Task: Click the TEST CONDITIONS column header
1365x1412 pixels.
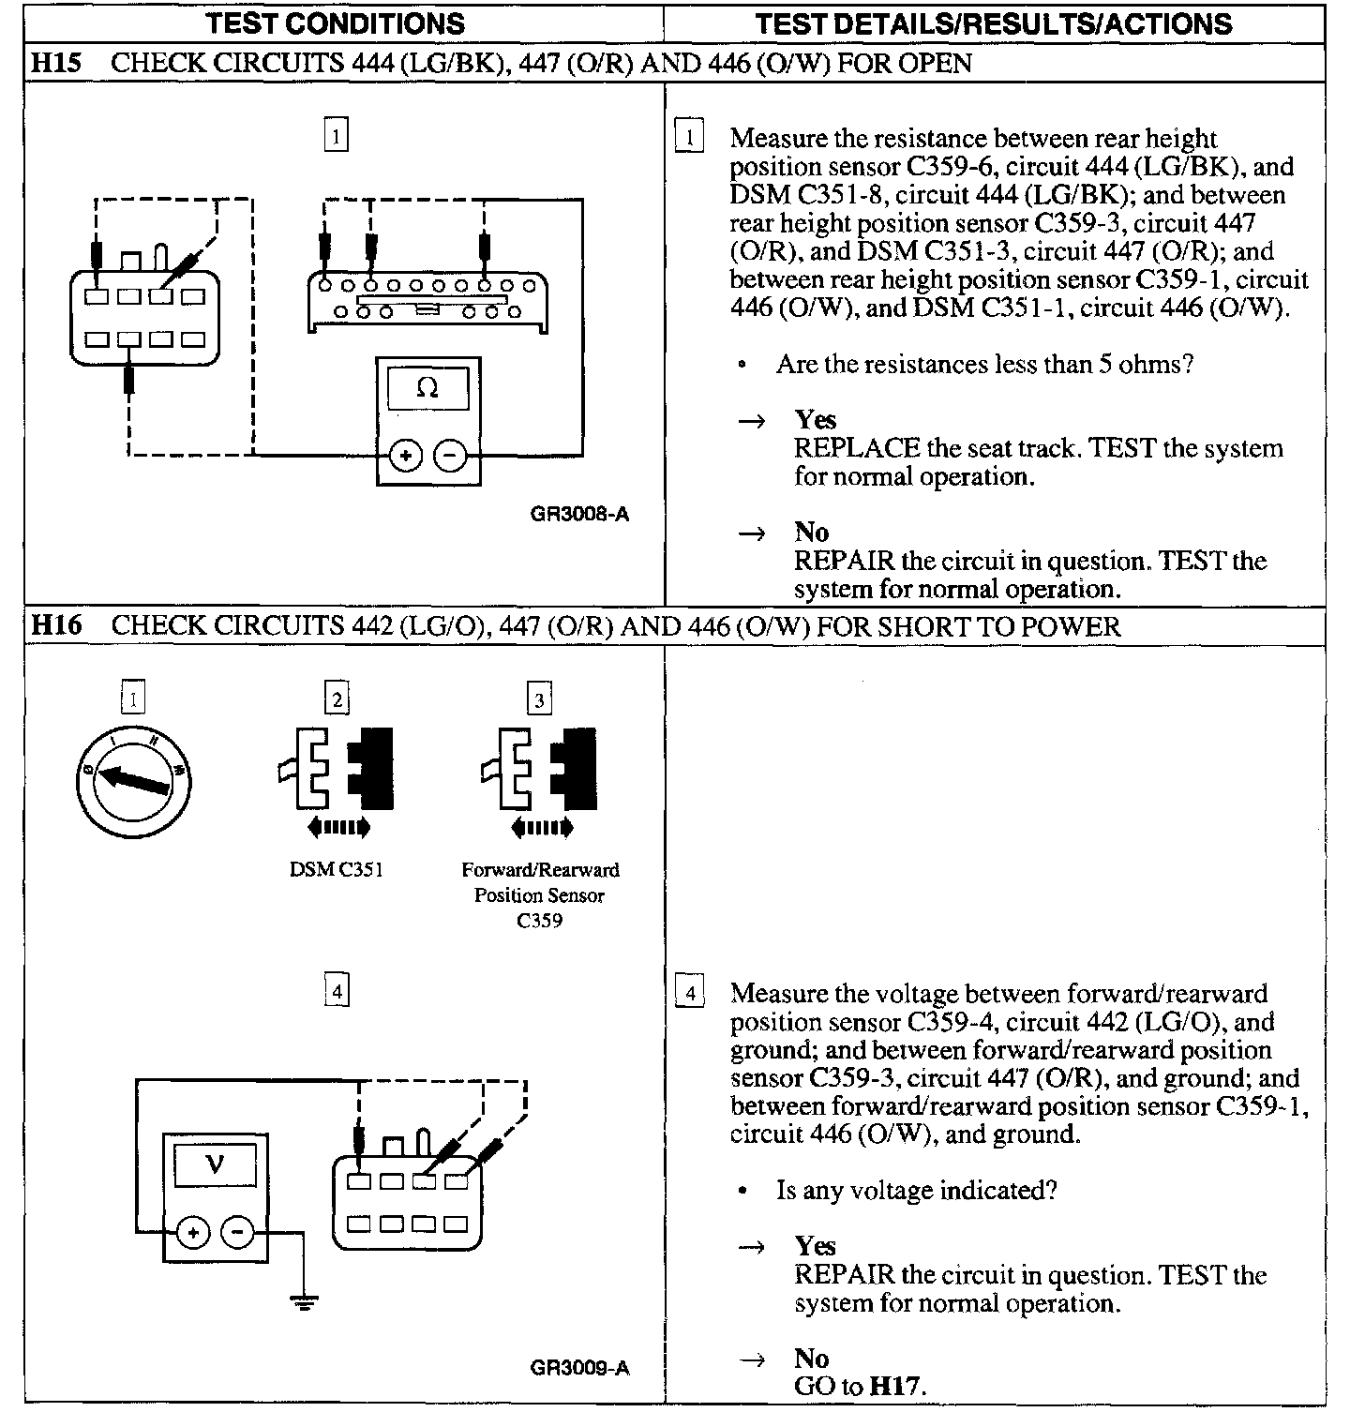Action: click(x=335, y=23)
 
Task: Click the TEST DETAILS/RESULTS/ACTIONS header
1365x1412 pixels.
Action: click(x=994, y=23)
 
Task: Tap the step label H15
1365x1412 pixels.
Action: click(x=56, y=64)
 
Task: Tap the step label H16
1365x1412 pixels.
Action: click(x=56, y=625)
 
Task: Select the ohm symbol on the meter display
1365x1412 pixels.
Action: click(x=427, y=387)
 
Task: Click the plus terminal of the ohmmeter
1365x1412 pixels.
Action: click(x=406, y=457)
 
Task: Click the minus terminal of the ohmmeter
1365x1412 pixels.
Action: click(x=451, y=457)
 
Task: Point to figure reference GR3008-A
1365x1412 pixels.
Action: click(x=579, y=514)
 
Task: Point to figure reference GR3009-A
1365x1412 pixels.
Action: click(x=579, y=1368)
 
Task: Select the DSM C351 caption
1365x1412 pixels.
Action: click(x=336, y=869)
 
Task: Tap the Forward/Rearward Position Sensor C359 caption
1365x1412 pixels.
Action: click(x=540, y=894)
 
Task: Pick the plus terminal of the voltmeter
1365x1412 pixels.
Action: click(x=193, y=1232)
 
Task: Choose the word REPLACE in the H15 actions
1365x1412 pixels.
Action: click(x=856, y=448)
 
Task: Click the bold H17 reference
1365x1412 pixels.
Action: click(x=897, y=1387)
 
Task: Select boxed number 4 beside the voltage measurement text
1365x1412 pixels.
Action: click(x=690, y=993)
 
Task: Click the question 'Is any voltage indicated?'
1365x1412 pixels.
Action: click(x=916, y=1191)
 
